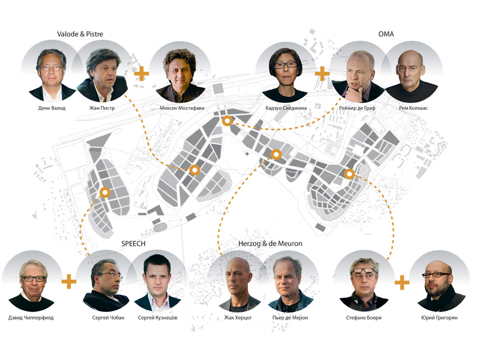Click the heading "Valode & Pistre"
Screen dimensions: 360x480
tap(83, 34)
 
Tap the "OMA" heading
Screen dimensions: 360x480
tap(386, 34)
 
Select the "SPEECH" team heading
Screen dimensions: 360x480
tap(133, 244)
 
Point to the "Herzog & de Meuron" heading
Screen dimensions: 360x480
tap(270, 244)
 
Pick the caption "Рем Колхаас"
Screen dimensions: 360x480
tap(412, 108)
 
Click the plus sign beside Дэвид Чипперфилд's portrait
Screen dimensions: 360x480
tap(69, 282)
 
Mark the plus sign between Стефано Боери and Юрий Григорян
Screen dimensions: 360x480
tap(402, 283)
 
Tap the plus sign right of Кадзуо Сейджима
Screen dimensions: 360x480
tap(322, 73)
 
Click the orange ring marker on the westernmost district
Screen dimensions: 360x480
tap(105, 193)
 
